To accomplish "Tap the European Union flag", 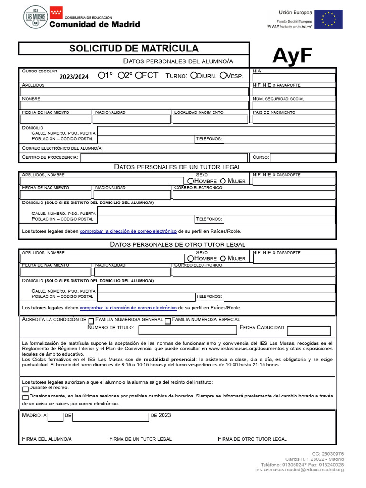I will [x=328, y=19].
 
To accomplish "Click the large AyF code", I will [x=292, y=56].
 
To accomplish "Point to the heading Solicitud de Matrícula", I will [x=134, y=49].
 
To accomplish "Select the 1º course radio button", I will [x=101, y=75].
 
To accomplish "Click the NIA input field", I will [x=294, y=78].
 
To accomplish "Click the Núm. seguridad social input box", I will [x=294, y=105].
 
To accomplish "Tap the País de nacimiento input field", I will [x=294, y=119].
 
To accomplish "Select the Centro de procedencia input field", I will [x=164, y=158].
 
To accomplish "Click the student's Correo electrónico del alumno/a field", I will [x=219, y=148].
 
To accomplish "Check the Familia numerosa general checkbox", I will [x=91, y=321].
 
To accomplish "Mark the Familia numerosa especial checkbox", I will [x=167, y=321].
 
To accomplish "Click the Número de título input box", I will [x=187, y=330].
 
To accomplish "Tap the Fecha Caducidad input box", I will [x=309, y=331].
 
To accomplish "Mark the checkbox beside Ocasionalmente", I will [x=25, y=397].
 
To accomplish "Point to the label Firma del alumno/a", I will [x=47, y=439].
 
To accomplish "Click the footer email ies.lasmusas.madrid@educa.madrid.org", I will [x=299, y=470].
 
